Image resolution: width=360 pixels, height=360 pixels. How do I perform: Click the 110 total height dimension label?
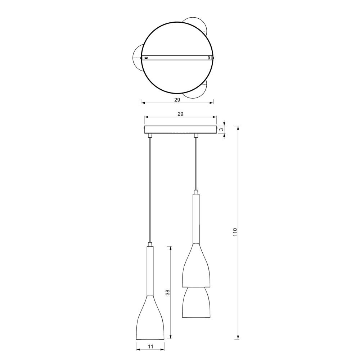[x=235, y=232]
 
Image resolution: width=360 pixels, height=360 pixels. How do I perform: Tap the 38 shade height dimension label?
[x=167, y=292]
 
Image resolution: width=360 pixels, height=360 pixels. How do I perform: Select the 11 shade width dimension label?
[x=150, y=346]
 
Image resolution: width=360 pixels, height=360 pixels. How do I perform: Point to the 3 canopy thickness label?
[x=221, y=130]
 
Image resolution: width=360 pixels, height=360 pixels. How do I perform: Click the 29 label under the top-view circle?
[x=177, y=100]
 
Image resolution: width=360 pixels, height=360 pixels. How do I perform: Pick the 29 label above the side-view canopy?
[x=180, y=114]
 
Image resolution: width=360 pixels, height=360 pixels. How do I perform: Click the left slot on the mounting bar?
[x=145, y=58]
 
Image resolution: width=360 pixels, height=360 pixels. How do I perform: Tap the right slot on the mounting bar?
[x=209, y=58]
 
